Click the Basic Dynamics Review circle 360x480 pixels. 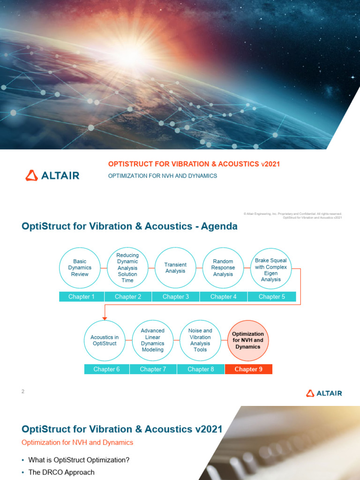coord(80,268)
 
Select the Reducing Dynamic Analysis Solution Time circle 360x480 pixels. coord(127,268)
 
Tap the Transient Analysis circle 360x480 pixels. coord(175,268)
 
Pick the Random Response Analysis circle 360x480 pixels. coord(223,268)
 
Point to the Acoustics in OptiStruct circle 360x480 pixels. coord(105,340)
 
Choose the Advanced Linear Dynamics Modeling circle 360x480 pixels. coord(153,340)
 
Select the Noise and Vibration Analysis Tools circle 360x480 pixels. coord(200,340)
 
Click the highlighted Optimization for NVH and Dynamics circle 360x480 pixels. coord(248,340)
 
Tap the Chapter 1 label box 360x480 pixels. coord(82,297)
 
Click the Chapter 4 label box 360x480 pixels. coord(224,297)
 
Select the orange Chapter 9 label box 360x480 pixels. coord(248,369)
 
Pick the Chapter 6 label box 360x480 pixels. coord(107,369)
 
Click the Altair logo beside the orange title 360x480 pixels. coord(52,176)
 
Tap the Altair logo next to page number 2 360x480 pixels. coord(324,393)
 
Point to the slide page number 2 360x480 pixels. coord(22,391)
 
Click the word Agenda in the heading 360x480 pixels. coord(219,226)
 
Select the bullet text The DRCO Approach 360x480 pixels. coord(61,472)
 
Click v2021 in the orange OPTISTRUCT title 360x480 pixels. coord(270,164)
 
